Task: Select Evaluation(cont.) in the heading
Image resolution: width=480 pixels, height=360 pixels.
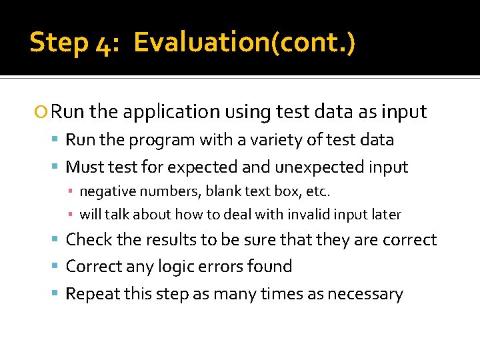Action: [244, 43]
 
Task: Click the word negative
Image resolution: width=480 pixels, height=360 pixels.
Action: [105, 192]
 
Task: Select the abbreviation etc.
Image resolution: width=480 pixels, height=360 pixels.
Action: [317, 192]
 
